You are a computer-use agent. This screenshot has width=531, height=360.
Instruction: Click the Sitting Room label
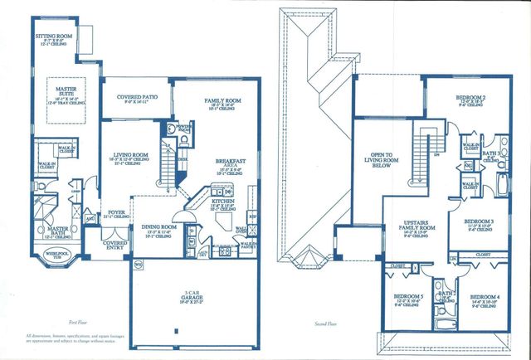tap(53, 37)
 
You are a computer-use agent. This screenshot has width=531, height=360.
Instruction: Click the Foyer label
tap(117, 212)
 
